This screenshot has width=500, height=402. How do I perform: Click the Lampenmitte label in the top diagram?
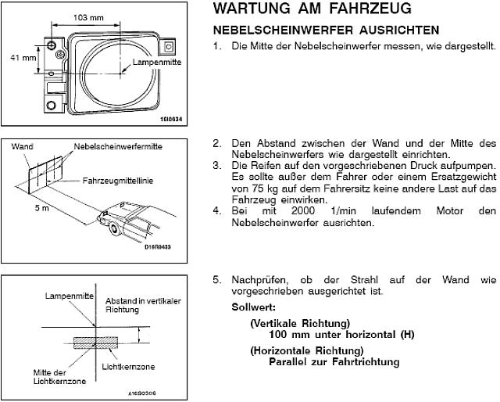(156, 62)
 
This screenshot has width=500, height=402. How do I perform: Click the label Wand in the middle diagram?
(23, 146)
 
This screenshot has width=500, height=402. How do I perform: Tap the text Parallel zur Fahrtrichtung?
(334, 361)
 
